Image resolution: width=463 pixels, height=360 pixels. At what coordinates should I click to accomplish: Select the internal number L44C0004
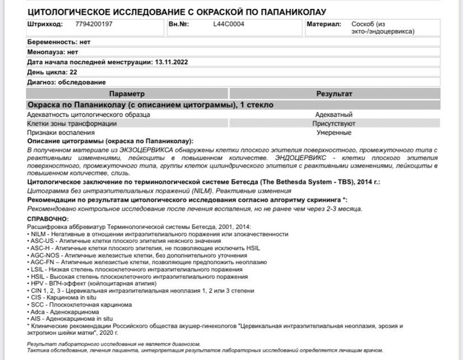point(228,25)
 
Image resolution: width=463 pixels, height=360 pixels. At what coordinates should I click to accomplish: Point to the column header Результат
point(334,94)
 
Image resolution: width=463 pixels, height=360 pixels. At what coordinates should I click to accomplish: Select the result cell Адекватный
point(334,114)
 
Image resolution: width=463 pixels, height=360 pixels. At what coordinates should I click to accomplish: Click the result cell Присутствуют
point(334,123)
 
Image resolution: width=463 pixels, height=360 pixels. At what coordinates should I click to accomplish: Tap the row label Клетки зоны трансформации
point(72,123)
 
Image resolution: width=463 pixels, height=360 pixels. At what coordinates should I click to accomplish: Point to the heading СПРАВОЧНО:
point(48,219)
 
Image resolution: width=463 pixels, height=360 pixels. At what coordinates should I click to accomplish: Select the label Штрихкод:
point(45,25)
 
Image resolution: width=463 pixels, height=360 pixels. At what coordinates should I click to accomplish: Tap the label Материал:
point(323,25)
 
